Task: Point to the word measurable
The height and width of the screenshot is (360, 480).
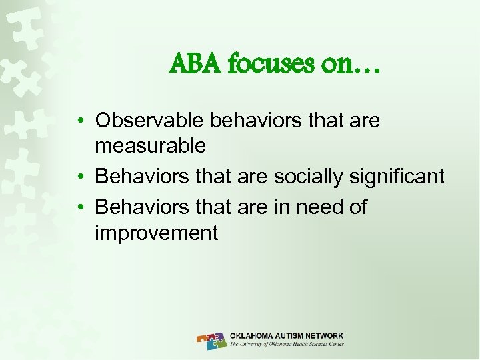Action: point(151,145)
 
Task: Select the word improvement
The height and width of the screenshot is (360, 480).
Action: point(156,233)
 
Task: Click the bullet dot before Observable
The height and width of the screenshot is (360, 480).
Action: point(79,121)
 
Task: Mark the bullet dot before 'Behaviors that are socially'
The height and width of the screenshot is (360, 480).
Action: point(79,177)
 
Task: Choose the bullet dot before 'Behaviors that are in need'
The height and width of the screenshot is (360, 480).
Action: point(79,208)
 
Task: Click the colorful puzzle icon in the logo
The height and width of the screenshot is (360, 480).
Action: point(212,340)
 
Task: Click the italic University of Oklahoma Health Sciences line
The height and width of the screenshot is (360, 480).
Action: point(286,345)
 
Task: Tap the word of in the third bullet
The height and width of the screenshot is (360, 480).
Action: point(358,207)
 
